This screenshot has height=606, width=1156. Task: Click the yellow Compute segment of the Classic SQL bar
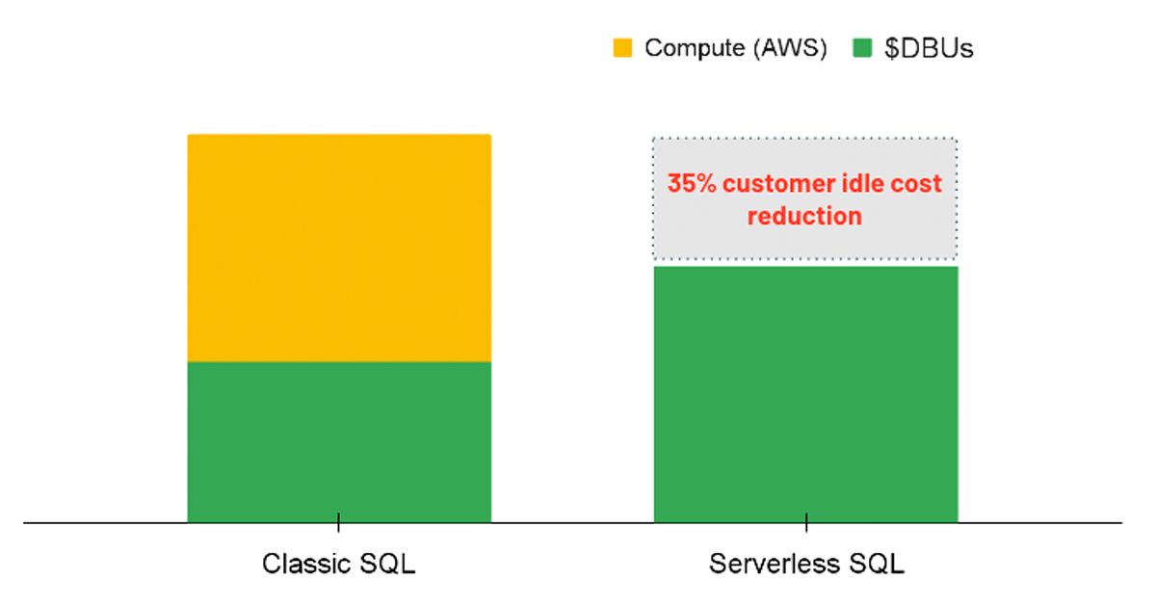tap(339, 248)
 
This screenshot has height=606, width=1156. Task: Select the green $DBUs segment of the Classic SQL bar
tap(339, 441)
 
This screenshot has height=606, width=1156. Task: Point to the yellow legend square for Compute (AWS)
tap(623, 47)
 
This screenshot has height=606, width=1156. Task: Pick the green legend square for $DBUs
tap(863, 47)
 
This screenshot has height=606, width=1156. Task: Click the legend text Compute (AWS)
tap(736, 48)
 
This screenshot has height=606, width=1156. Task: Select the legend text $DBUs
tap(929, 48)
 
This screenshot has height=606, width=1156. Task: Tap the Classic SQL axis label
tap(339, 564)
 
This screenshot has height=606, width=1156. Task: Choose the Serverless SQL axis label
tap(806, 564)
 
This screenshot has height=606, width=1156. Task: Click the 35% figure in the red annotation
tap(690, 184)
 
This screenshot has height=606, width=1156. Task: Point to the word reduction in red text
tap(804, 216)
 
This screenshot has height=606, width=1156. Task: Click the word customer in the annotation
tap(775, 184)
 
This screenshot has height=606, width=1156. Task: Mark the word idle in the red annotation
tap(864, 184)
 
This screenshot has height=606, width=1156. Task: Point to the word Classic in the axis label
tap(300, 564)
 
